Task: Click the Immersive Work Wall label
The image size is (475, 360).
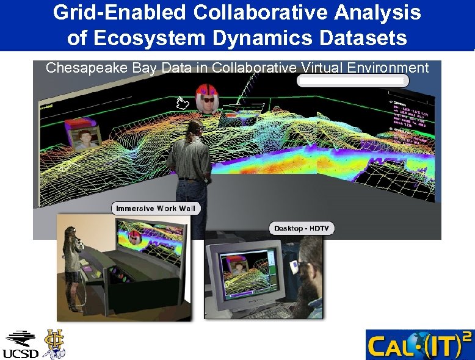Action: point(156,209)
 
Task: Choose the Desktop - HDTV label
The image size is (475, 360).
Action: point(302,228)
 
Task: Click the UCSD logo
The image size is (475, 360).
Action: point(21,345)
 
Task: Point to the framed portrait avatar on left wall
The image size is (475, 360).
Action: point(85,138)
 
